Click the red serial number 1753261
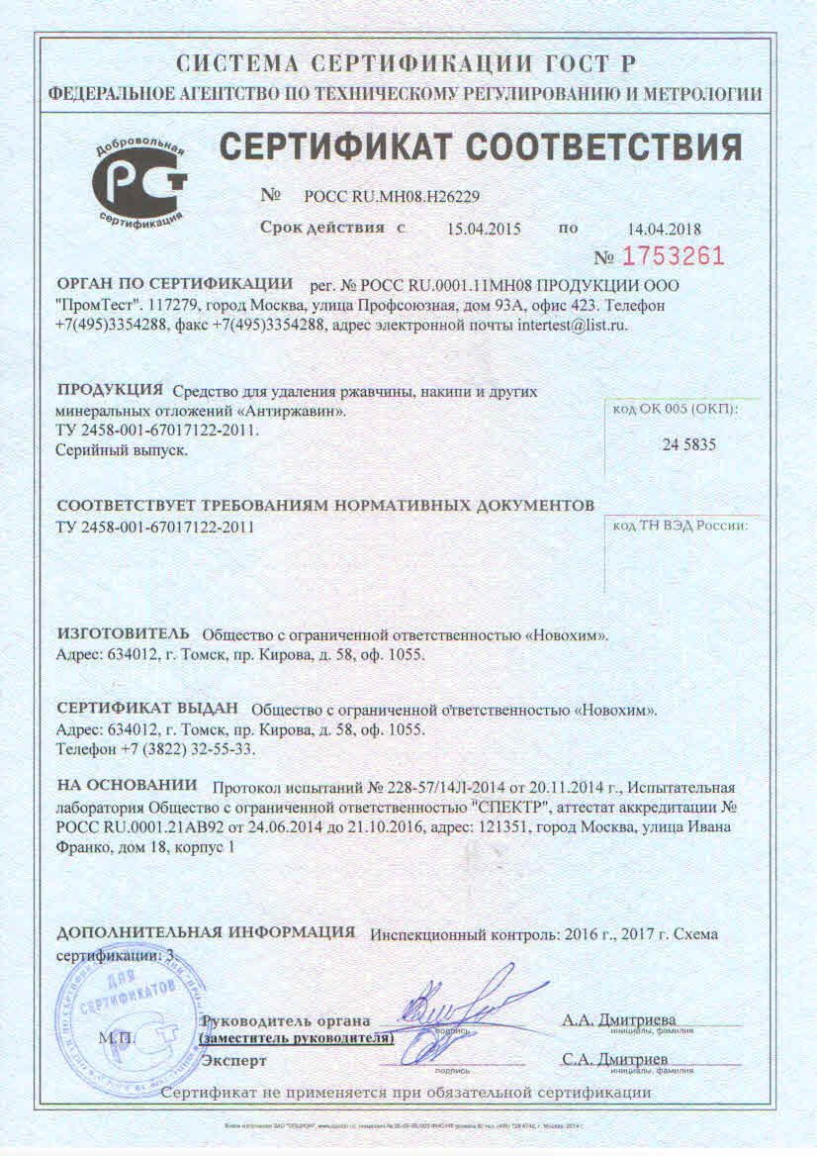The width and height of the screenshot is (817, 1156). coord(673,256)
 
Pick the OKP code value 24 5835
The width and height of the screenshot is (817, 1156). coord(688,444)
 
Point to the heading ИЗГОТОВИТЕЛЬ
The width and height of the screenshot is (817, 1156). coord(122,631)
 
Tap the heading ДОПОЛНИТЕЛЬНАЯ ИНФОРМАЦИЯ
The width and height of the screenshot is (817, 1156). coord(206,932)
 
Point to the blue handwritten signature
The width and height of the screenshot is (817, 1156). coord(465,1010)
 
